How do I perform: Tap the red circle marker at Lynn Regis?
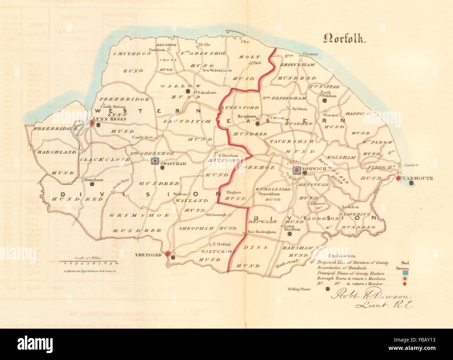(92, 123)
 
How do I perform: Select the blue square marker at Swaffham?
(155, 161)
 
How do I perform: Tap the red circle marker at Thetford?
(168, 254)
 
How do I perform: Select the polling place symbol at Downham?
(92, 185)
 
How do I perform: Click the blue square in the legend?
(405, 273)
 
